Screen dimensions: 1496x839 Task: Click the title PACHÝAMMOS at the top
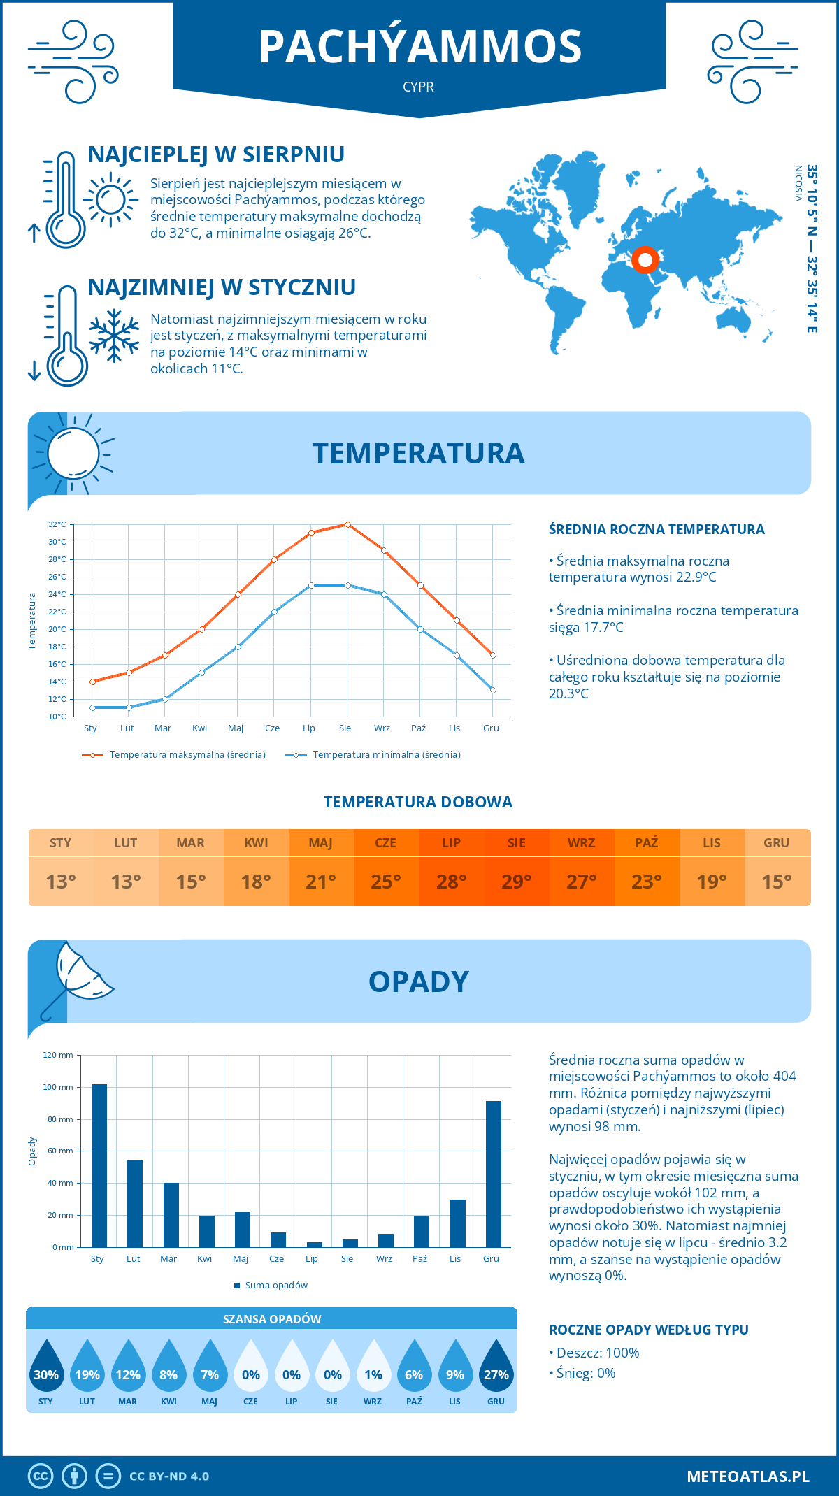pyautogui.click(x=419, y=47)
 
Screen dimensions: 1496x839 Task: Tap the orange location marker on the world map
pyautogui.click(x=645, y=260)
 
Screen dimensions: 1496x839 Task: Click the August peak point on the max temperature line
pyautogui.click(x=347, y=524)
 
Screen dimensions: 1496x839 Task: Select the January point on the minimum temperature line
pyautogui.click(x=92, y=707)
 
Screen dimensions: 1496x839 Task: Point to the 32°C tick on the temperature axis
pyautogui.click(x=57, y=524)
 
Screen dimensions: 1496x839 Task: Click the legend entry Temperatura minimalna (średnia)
pyautogui.click(x=373, y=755)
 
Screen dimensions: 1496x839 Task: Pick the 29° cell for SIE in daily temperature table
pyautogui.click(x=516, y=882)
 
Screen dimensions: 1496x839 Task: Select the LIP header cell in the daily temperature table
pyautogui.click(x=451, y=843)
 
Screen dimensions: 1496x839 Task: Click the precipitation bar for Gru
pyautogui.click(x=493, y=1174)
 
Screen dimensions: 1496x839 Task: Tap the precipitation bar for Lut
pyautogui.click(x=134, y=1203)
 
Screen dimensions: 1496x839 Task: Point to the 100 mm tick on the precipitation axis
pyautogui.click(x=58, y=1087)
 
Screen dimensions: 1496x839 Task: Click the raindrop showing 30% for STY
pyautogui.click(x=46, y=1368)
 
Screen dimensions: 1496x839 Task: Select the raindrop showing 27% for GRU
pyautogui.click(x=496, y=1368)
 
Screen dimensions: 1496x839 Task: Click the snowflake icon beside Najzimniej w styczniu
pyautogui.click(x=114, y=336)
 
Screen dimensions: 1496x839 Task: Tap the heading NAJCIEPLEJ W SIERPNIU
pyautogui.click(x=216, y=154)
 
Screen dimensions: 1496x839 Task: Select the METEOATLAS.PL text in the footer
pyautogui.click(x=747, y=1476)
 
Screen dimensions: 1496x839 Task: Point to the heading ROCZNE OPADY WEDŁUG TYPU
pyautogui.click(x=648, y=1330)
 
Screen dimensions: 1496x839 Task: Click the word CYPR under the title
pyautogui.click(x=418, y=87)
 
